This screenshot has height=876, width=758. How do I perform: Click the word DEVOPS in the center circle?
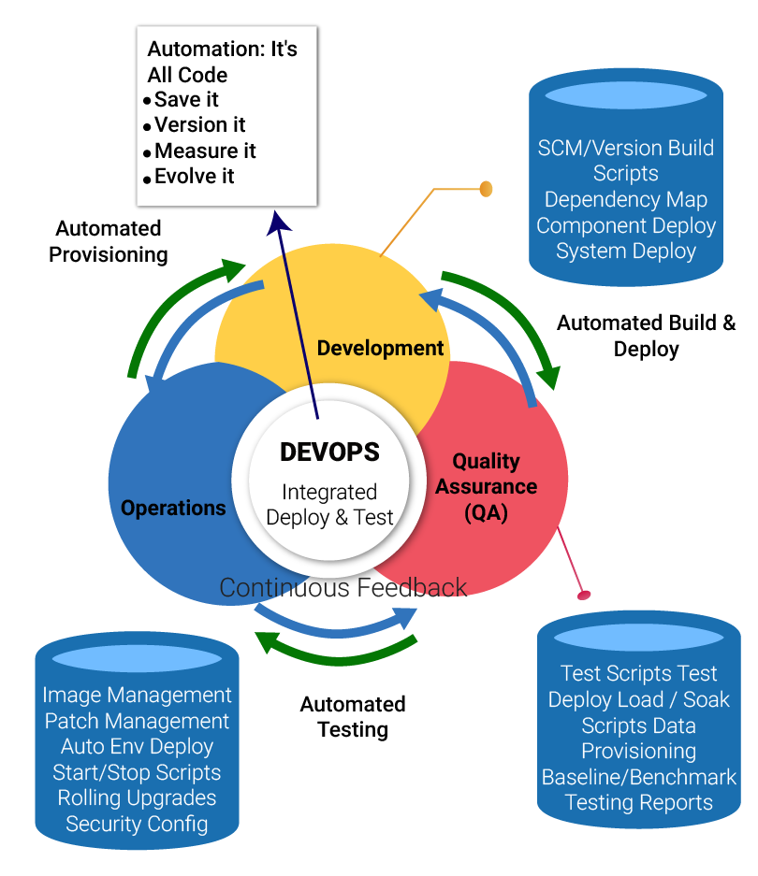click(x=329, y=452)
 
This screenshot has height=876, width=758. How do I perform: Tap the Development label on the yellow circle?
click(x=380, y=348)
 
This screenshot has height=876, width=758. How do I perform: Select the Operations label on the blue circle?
click(x=173, y=508)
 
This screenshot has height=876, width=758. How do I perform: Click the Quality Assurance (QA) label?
click(x=486, y=486)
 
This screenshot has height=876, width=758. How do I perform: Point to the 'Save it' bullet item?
click(x=186, y=99)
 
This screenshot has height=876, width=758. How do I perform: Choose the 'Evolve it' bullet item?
click(x=194, y=177)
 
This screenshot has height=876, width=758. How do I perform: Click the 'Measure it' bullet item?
click(x=205, y=151)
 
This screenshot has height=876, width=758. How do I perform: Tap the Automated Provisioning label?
click(x=109, y=241)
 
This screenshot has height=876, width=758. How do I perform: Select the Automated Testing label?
click(x=353, y=716)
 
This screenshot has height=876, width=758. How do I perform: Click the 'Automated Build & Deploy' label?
click(x=647, y=336)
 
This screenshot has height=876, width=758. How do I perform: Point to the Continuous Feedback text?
click(x=343, y=587)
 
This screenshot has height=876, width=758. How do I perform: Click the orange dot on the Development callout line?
click(x=486, y=189)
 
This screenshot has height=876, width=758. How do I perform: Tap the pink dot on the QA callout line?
click(x=585, y=595)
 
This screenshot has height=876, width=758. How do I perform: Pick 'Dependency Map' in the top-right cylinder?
click(x=625, y=199)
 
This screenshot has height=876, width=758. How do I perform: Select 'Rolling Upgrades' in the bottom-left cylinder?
click(x=137, y=797)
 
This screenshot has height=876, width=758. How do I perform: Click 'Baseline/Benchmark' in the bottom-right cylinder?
click(x=639, y=777)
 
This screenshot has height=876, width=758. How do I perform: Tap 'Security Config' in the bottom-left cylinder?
click(x=137, y=824)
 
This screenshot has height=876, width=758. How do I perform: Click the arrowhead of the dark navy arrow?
click(x=278, y=221)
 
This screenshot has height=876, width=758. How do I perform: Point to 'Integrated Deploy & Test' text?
click(x=329, y=504)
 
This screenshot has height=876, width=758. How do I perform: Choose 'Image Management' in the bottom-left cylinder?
click(x=137, y=695)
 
